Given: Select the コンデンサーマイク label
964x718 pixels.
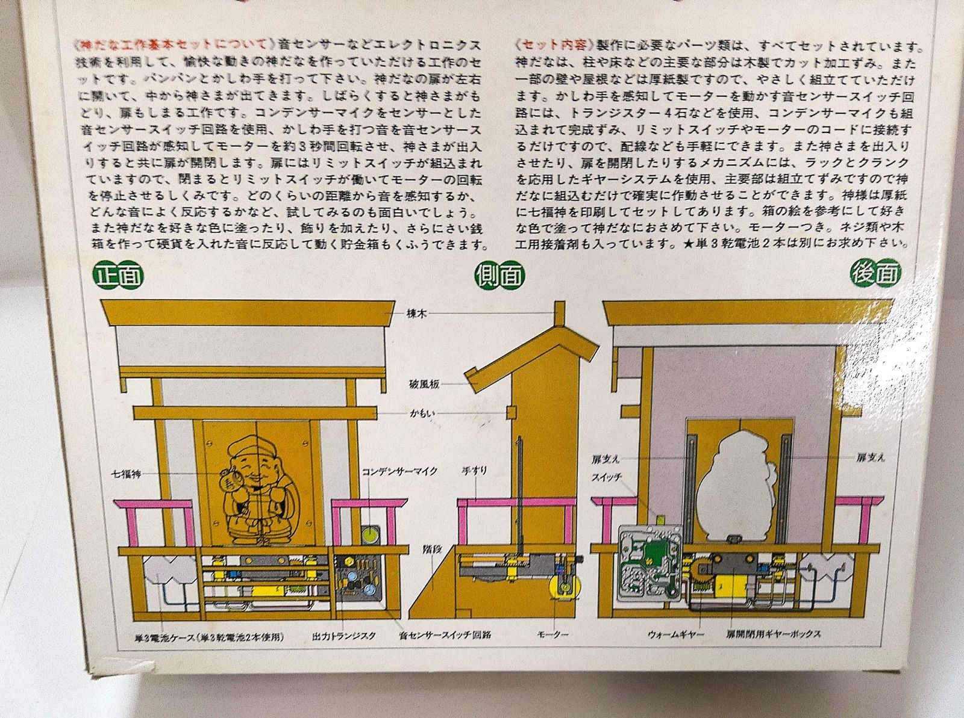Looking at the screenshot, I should pos(399,471).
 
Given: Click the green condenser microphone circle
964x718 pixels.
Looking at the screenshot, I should pos(370,533).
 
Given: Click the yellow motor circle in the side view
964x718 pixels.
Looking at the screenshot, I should pos(564,587).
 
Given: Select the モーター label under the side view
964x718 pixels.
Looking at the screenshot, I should pos(552,634).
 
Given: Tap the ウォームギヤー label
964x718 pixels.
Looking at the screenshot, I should pos(675,634).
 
